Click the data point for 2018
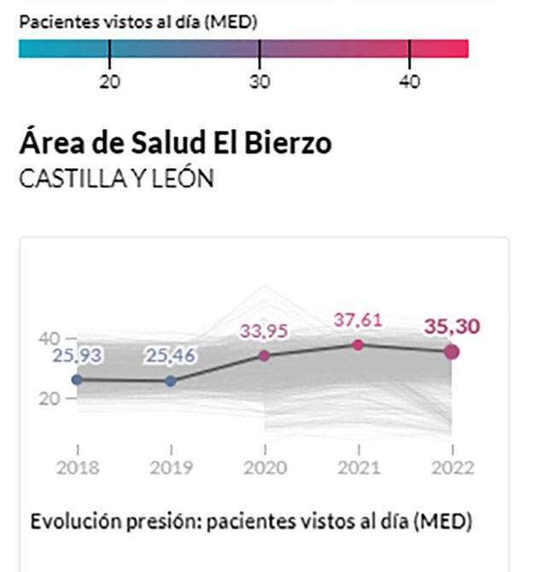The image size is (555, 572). (77, 379)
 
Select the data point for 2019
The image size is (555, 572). (171, 381)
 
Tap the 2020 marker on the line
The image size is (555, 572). (265, 355)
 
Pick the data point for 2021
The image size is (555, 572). (358, 344)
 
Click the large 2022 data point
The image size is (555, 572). (452, 351)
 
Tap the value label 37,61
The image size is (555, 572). (358, 321)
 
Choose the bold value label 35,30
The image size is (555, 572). (452, 326)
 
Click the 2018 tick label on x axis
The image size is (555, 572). (78, 467)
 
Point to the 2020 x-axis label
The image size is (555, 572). (265, 467)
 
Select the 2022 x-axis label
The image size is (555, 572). (452, 467)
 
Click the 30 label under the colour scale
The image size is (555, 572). (260, 82)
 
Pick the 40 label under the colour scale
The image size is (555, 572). (410, 82)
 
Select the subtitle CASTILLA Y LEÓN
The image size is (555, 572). (116, 180)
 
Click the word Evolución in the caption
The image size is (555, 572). (71, 521)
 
